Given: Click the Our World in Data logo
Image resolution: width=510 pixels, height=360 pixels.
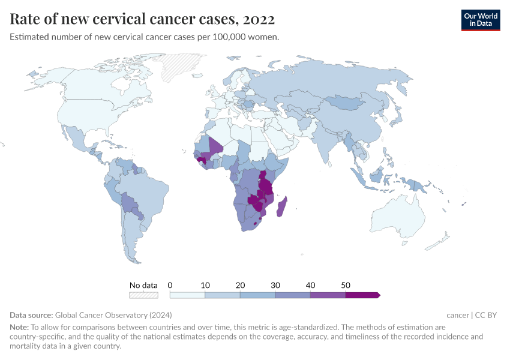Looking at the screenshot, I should (480, 20).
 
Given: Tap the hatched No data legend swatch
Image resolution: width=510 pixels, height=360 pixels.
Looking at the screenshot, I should (143, 295).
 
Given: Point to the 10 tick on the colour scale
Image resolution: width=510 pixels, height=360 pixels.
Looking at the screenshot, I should (205, 285).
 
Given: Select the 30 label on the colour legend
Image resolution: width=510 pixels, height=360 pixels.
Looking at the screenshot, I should (275, 285).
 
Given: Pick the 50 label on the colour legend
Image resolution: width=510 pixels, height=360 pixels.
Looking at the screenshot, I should (346, 285).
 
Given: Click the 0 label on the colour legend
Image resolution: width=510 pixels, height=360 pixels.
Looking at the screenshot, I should (170, 285).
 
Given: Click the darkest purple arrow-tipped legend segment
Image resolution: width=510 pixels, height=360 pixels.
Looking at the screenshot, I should (362, 295).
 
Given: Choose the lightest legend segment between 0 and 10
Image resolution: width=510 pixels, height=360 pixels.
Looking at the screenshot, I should (188, 295).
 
